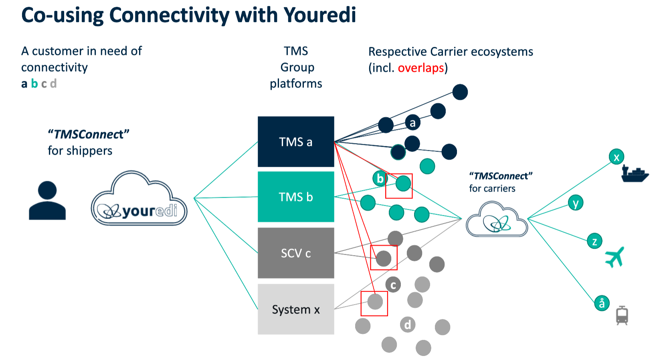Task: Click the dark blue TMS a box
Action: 296,142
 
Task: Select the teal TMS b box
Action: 296,196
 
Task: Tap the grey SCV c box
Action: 296,253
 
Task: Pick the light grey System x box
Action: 296,309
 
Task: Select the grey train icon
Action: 622,315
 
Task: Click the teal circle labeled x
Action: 617,157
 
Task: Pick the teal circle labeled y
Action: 576,203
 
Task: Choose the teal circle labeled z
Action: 594,241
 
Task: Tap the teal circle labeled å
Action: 602,303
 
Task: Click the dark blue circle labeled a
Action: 412,122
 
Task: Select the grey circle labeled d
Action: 408,324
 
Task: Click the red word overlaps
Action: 420,68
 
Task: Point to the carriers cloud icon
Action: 497,220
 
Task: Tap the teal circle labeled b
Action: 380,178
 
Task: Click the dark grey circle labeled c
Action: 393,285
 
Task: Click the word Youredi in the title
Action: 319,15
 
